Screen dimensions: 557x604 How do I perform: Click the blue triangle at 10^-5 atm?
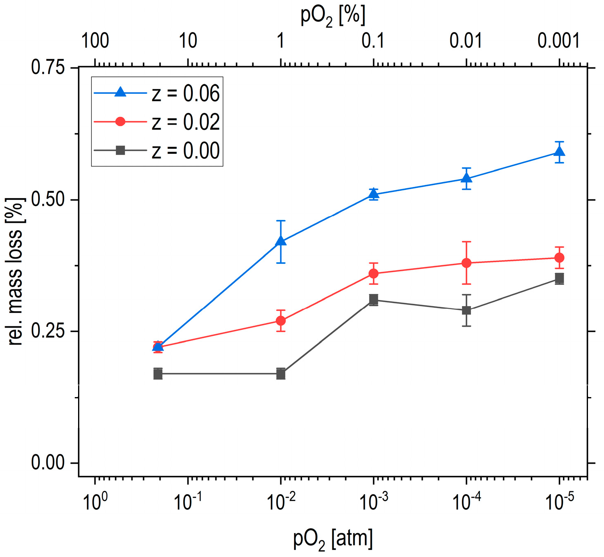[x=559, y=152]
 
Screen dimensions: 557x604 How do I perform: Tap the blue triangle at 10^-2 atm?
[x=281, y=240]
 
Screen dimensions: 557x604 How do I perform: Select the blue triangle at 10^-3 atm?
[x=373, y=194]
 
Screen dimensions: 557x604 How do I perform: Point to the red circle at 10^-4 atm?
[x=466, y=263]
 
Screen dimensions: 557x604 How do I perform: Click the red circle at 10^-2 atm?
[x=281, y=320]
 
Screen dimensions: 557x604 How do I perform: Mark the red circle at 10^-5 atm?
[x=559, y=258]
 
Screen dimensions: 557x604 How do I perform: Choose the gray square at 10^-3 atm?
[x=373, y=300]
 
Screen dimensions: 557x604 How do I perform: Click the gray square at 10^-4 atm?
[x=466, y=310]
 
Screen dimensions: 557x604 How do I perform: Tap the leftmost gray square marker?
[x=158, y=374]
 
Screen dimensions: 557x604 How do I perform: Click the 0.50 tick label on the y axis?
[x=48, y=200]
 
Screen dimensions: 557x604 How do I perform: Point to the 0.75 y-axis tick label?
[x=48, y=67]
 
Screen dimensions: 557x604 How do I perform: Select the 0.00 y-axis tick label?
[x=48, y=463]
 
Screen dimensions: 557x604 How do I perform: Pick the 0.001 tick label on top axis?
[x=558, y=41]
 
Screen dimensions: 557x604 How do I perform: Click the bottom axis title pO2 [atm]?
[x=333, y=539]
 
